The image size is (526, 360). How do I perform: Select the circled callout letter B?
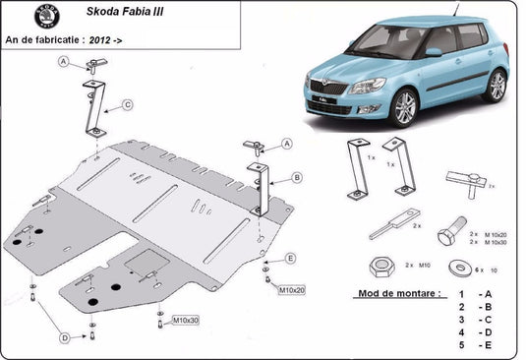coord(296,178)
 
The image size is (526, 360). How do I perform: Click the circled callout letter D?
coord(65,337)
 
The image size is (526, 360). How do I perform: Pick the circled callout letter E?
coord(290,258)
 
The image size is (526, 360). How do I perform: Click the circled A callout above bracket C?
coord(63,64)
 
